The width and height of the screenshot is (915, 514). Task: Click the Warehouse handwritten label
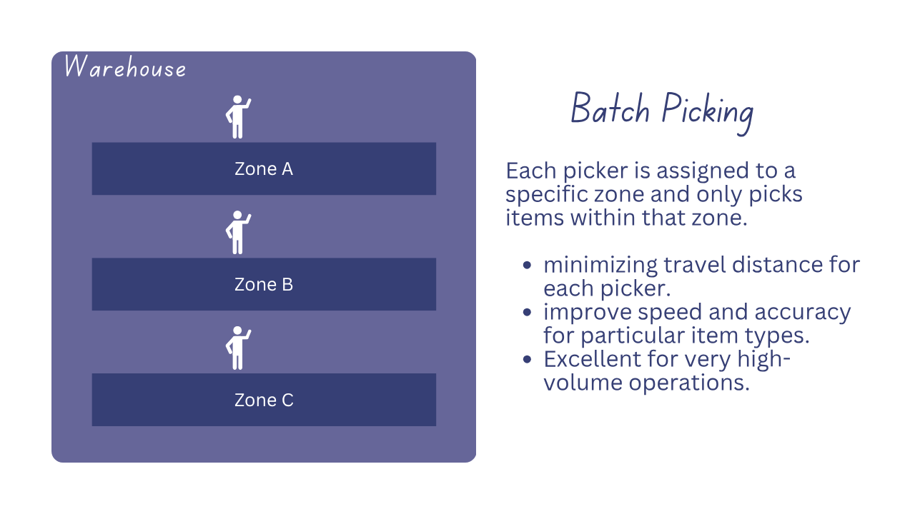(125, 68)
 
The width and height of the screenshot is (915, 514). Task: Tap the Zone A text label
(264, 169)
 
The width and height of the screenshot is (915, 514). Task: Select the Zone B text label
(264, 285)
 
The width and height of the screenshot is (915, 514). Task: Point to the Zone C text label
(264, 400)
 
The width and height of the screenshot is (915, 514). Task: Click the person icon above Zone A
(238, 117)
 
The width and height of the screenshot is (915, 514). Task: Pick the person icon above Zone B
(238, 233)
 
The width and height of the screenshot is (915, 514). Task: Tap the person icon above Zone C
(238, 348)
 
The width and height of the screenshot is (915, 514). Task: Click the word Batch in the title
(610, 111)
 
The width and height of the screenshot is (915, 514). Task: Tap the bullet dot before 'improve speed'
(528, 312)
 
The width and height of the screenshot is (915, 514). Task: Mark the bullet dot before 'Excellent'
(528, 358)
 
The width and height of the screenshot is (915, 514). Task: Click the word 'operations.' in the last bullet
(689, 383)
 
